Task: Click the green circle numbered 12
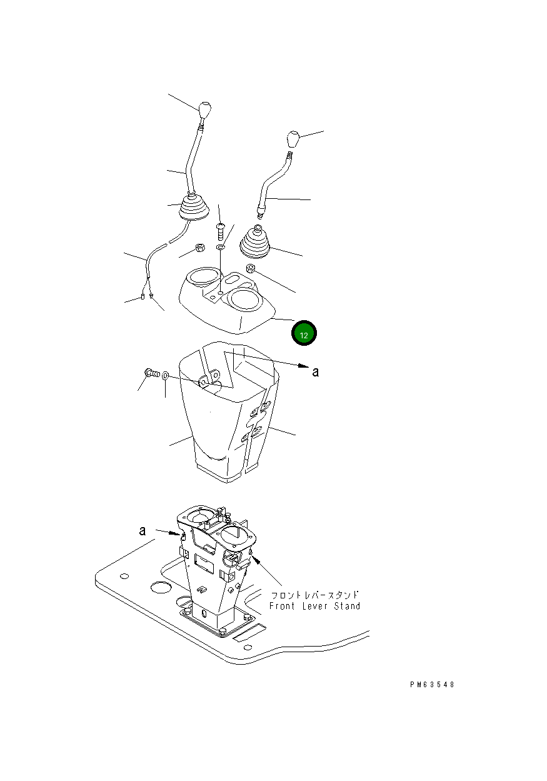coord(304,333)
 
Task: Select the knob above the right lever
coord(293,139)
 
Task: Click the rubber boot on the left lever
coord(194,208)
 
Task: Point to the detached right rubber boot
coord(256,243)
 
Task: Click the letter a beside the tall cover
coord(315,372)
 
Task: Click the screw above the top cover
coord(220,231)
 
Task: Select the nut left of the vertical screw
coord(200,248)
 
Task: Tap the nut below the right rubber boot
coord(249,268)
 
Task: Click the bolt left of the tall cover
coord(152,374)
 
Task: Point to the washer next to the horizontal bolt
coord(166,376)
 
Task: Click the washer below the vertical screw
coord(221,247)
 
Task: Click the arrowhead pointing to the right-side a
coord(303,366)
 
